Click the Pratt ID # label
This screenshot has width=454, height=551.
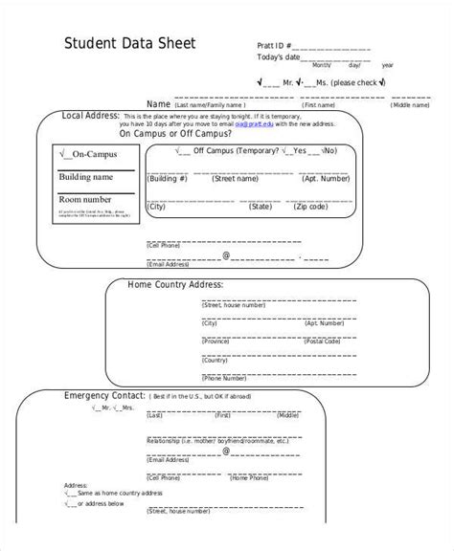pyautogui.click(x=275, y=45)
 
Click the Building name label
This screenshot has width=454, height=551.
pyautogui.click(x=86, y=177)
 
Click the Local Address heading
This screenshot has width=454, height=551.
pyautogui.click(x=90, y=115)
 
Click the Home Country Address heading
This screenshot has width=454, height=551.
pyautogui.click(x=176, y=284)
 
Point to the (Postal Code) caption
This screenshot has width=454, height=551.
pyautogui.click(x=323, y=341)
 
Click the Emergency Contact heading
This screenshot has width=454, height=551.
pyautogui.click(x=104, y=395)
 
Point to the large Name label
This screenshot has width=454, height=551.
pyautogui.click(x=158, y=102)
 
